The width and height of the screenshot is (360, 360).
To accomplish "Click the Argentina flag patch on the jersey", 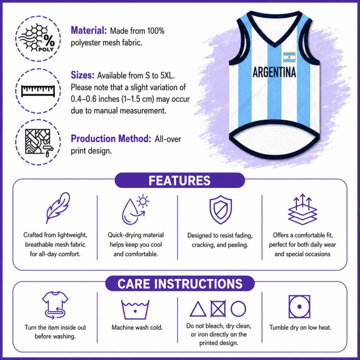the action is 289,57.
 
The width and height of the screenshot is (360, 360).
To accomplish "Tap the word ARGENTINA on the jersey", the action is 274,72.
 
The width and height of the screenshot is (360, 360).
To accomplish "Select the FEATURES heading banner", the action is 180,180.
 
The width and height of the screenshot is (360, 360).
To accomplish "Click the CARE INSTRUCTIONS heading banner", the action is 180,283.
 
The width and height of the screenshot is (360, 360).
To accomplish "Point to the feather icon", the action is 57,208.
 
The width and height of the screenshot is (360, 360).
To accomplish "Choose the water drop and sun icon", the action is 135,209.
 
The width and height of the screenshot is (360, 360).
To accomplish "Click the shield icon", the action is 220,209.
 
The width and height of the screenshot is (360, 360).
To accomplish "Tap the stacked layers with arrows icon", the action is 302,209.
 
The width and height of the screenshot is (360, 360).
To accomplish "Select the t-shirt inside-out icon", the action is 55,305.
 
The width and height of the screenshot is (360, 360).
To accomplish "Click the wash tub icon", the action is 135,309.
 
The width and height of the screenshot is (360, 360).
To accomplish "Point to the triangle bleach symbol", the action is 198,309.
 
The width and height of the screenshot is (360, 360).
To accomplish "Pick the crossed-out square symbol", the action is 218,309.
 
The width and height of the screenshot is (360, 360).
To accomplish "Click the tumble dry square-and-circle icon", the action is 299,306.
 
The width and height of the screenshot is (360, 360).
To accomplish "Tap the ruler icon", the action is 38,91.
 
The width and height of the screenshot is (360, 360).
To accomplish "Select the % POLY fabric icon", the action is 37,38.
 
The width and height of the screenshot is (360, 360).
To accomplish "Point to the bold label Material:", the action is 89,30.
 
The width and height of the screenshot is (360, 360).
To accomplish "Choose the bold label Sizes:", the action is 82,75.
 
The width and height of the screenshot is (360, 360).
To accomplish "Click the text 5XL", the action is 167,75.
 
